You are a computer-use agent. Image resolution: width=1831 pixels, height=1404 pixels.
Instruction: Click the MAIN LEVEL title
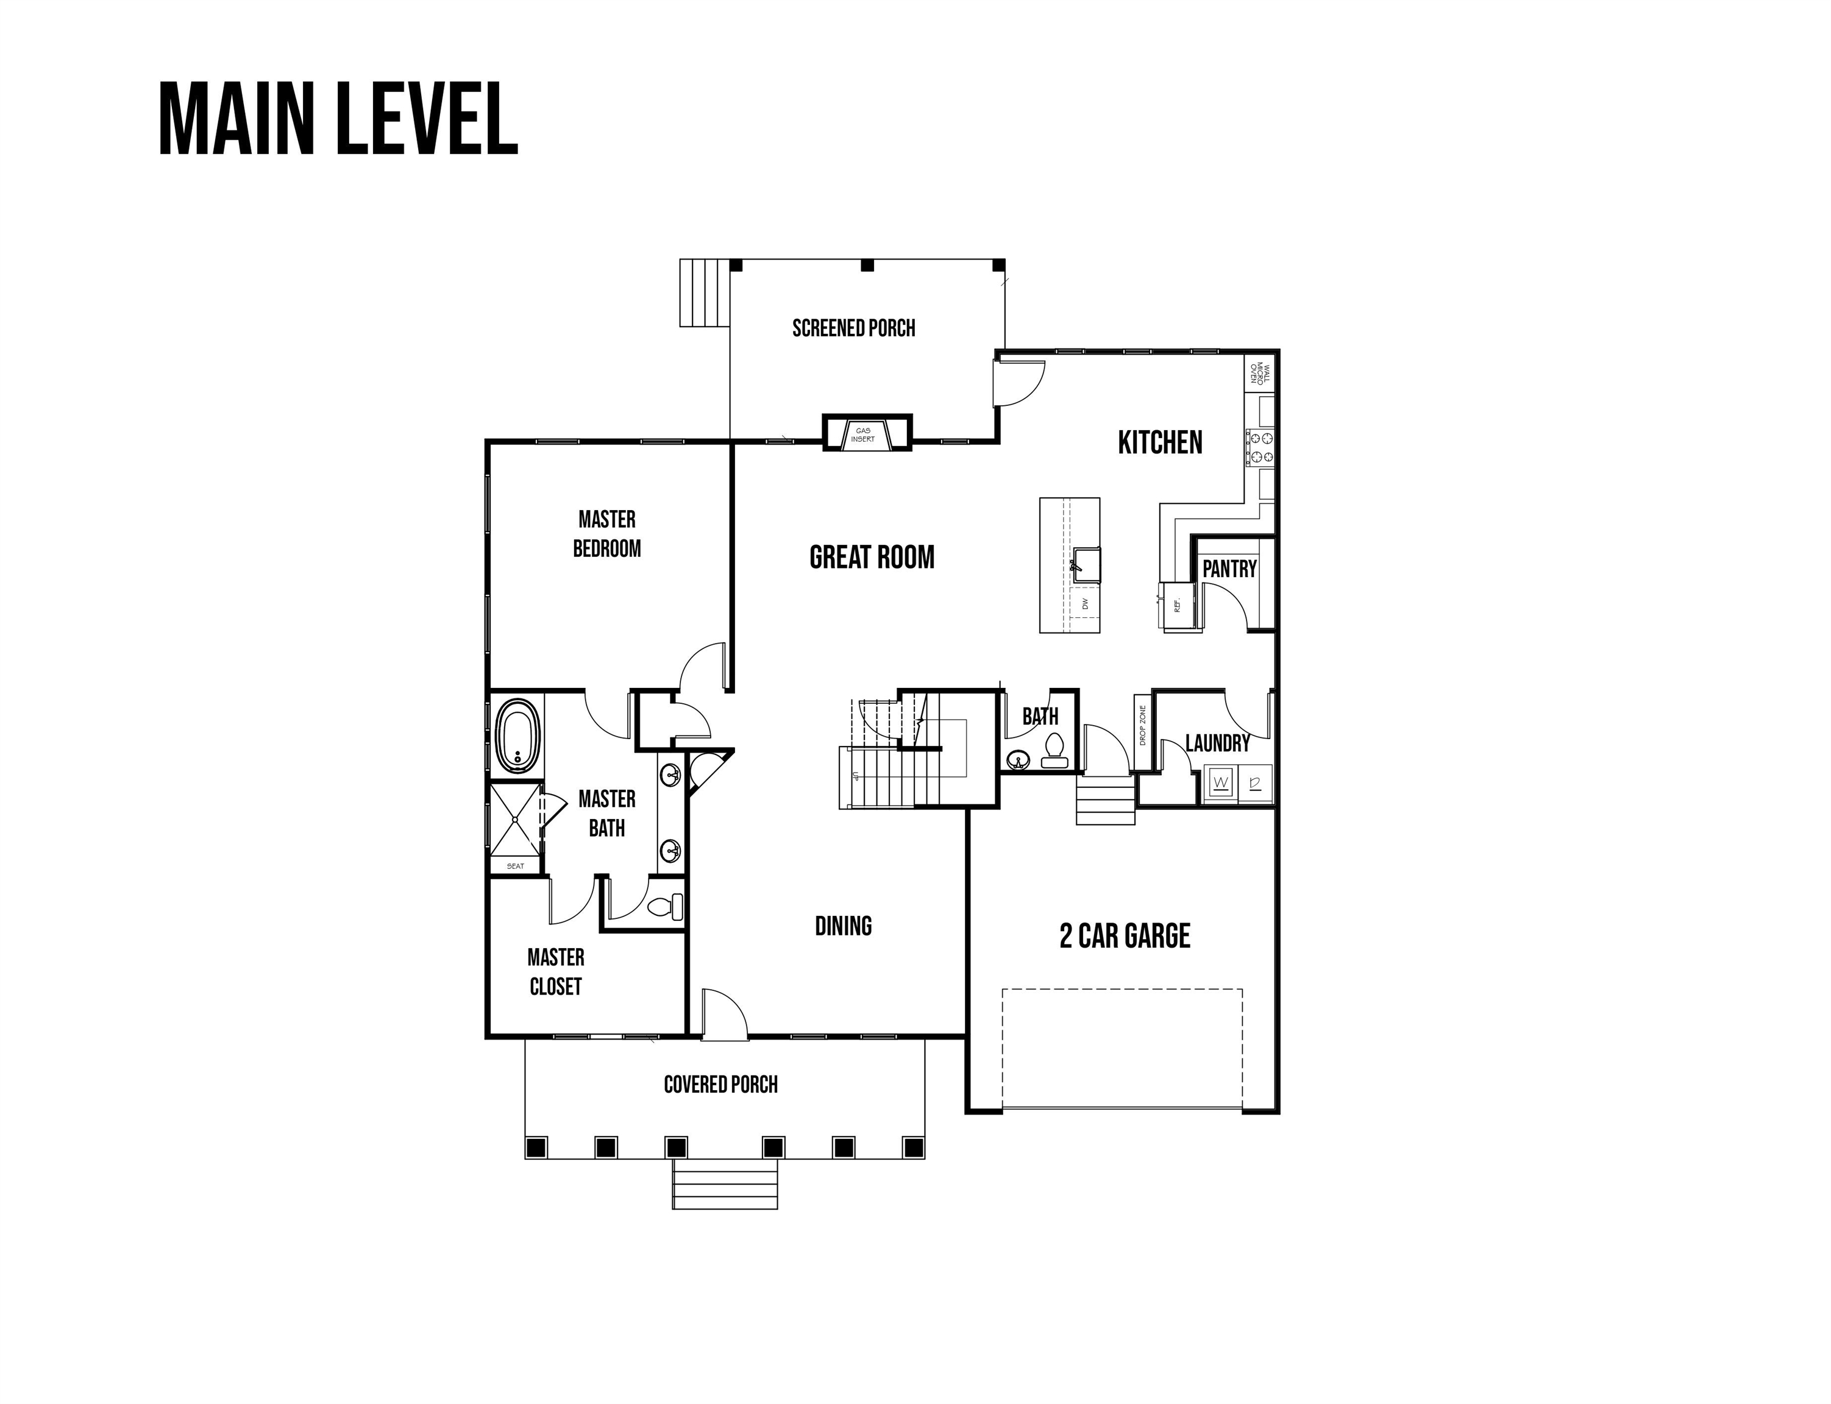338,119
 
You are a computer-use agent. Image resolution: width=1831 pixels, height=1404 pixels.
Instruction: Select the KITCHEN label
1160,442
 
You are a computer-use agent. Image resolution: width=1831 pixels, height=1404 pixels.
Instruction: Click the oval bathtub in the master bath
518,736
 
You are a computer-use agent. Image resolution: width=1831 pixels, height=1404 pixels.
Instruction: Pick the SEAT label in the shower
516,866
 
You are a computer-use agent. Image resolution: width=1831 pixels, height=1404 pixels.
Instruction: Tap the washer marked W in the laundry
1221,783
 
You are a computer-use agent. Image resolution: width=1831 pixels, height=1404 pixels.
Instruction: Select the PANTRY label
1229,569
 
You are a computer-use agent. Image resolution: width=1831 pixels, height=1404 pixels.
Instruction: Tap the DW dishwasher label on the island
1086,603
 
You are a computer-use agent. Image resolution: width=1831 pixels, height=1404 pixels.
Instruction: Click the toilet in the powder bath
1054,750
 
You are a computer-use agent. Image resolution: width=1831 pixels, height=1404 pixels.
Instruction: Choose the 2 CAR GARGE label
1125,936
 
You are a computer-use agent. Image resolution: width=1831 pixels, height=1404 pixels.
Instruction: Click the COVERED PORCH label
720,1085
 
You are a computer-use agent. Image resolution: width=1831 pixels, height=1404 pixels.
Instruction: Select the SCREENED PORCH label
853,328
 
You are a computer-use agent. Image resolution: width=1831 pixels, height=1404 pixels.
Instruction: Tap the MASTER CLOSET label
556,972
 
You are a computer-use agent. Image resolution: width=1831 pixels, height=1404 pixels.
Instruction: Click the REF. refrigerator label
1176,604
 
